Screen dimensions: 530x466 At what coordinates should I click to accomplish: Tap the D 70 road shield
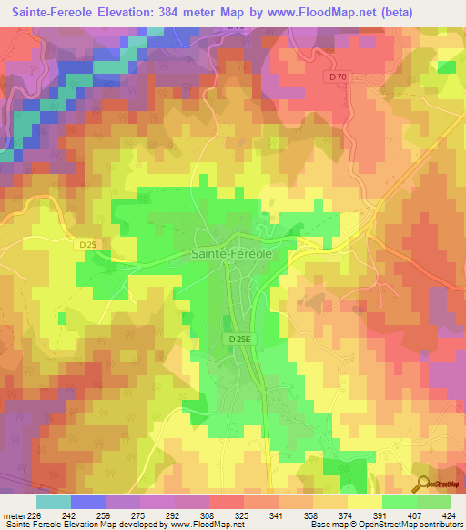(338, 77)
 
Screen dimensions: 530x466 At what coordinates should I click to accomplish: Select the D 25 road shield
(87, 244)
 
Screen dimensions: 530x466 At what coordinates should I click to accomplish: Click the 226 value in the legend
(35, 515)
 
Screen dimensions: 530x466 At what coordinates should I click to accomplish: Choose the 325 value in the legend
(243, 515)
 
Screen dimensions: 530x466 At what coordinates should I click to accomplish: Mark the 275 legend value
(138, 515)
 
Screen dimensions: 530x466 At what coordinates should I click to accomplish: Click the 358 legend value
(312, 515)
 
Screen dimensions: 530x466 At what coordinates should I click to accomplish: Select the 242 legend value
(69, 515)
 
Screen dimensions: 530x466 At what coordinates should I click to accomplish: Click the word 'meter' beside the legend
(13, 515)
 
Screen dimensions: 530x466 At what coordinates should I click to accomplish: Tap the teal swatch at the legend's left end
(53, 502)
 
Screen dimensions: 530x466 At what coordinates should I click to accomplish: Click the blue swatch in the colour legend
(87, 502)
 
